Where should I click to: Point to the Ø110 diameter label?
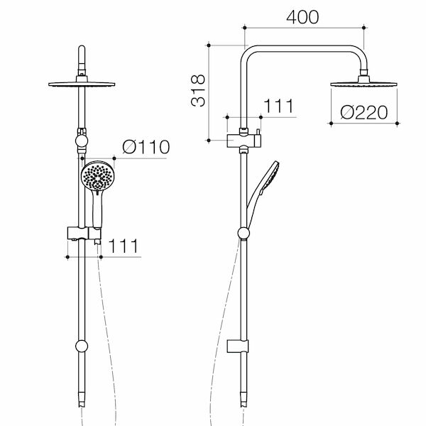(x=146, y=148)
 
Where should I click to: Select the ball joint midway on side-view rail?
(x=244, y=233)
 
